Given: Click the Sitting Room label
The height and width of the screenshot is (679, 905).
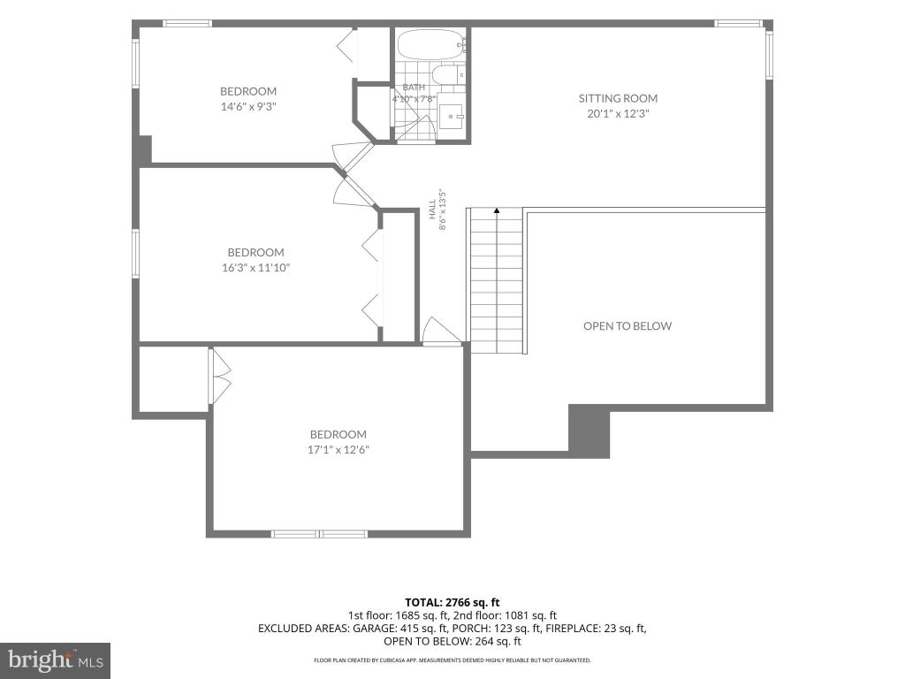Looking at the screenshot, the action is tap(618, 98).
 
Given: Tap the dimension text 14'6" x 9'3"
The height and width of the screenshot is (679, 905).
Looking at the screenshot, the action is tap(248, 106).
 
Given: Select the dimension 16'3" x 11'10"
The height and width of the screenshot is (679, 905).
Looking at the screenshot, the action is tap(255, 267).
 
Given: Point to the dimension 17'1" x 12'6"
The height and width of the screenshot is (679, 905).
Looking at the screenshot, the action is tap(338, 449).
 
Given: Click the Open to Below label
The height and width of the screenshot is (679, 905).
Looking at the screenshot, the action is tap(627, 325).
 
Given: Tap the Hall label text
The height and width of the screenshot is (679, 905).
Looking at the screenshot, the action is tap(432, 209).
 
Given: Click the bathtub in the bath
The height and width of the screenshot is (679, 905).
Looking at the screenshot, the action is tap(430, 44).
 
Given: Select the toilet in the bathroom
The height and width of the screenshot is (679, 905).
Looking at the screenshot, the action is tap(448, 74).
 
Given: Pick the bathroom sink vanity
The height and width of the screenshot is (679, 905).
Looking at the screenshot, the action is tap(452, 116).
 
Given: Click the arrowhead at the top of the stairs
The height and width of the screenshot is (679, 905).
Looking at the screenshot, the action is tap(497, 210).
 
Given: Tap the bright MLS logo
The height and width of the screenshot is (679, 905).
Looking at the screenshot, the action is tap(56, 660).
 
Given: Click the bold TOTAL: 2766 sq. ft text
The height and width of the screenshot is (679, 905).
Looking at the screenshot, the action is tap(452, 603).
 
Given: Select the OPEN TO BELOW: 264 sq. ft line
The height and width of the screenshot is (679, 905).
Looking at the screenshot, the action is tap(452, 641).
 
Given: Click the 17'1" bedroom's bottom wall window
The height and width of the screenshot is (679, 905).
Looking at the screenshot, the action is tap(319, 534).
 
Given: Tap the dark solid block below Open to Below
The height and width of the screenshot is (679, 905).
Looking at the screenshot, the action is tap(589, 431).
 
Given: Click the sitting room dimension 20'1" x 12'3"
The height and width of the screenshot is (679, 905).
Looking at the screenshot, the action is tap(618, 113).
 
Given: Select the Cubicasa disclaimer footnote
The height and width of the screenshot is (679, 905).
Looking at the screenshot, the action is tap(452, 660).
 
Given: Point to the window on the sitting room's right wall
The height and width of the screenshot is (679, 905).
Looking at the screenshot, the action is tap(770, 54).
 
